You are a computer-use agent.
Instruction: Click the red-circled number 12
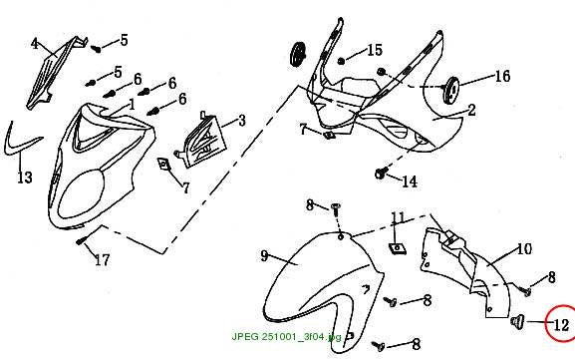tap(561, 325)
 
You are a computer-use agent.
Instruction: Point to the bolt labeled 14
tap(381, 174)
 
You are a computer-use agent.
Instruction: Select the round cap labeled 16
tap(451, 91)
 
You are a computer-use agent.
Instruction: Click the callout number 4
tap(35, 44)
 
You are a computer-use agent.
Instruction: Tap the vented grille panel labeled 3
tap(201, 141)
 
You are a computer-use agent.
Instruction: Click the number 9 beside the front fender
tap(264, 255)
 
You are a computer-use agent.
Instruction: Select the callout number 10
tap(524, 249)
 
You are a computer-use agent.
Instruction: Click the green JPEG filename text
tap(286, 336)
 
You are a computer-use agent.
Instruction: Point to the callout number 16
tap(503, 77)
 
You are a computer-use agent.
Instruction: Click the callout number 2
tap(472, 110)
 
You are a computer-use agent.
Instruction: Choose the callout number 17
tap(103, 260)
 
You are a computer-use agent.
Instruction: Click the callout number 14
tap(410, 181)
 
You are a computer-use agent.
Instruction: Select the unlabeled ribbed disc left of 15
tap(298, 54)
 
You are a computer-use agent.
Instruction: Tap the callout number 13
tap(25, 178)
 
